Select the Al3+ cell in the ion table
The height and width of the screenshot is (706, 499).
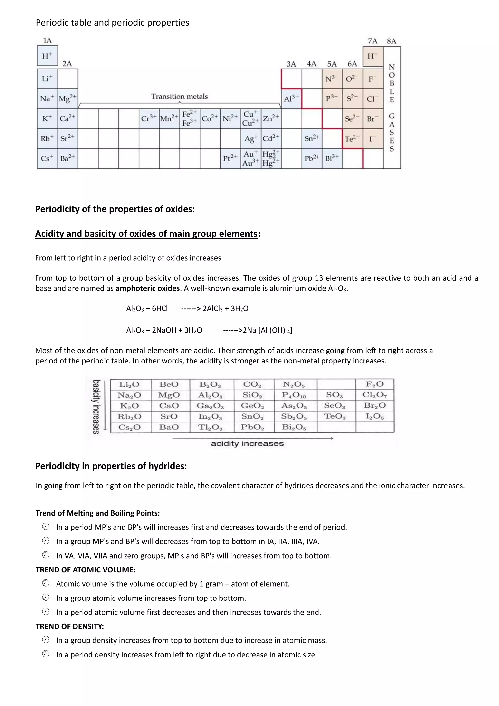291,99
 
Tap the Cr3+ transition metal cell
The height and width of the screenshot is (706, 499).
149,118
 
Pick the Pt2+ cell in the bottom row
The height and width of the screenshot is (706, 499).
230,158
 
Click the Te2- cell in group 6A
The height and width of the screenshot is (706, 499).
352,139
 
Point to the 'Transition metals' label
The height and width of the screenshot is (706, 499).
179,97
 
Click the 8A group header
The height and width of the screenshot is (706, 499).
392,41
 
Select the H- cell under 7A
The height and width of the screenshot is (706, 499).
373,56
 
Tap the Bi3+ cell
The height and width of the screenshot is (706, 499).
332,158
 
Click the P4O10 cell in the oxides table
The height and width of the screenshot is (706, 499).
294,395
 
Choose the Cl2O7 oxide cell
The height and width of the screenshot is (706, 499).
374,395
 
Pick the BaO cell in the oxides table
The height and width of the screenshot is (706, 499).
169,427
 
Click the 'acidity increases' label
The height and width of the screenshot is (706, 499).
247,444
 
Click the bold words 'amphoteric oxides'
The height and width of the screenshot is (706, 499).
147,288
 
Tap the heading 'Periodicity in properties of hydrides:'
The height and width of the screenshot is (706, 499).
111,466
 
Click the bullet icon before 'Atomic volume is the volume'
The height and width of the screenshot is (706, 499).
46,583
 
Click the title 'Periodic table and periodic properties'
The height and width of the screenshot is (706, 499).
113,23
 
